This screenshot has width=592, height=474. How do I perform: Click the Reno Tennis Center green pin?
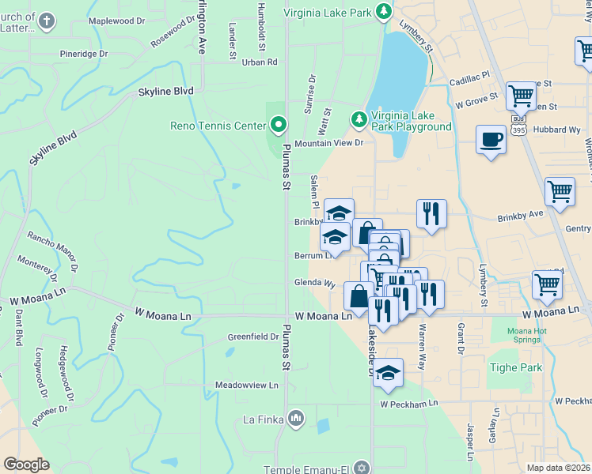pyautogui.click(x=278, y=125)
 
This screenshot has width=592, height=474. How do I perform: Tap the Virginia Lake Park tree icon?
pyautogui.click(x=384, y=10)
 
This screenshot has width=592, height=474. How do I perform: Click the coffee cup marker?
pyautogui.click(x=491, y=139)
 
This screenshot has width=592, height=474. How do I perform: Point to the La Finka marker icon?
pyautogui.click(x=296, y=417)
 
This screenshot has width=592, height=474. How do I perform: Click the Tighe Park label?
pyautogui.click(x=516, y=367)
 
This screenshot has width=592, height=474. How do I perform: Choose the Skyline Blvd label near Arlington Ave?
pyautogui.click(x=165, y=92)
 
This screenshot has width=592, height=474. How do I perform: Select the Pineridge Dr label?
pyautogui.click(x=84, y=54)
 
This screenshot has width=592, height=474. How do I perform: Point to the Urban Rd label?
pyautogui.click(x=260, y=62)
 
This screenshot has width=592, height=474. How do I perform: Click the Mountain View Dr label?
pyautogui.click(x=328, y=144)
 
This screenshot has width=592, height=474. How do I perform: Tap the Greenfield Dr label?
pyautogui.click(x=253, y=337)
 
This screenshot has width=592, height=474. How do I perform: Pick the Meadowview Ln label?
pyautogui.click(x=247, y=386)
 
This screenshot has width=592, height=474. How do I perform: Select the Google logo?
pyautogui.click(x=26, y=465)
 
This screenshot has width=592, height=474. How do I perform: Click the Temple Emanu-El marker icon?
pyautogui.click(x=362, y=466)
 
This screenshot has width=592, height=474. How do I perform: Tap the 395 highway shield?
pyautogui.click(x=518, y=128)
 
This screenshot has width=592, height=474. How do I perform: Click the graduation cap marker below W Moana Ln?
pyautogui.click(x=389, y=374)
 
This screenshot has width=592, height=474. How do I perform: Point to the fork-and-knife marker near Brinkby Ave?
pyautogui.click(x=431, y=213)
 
